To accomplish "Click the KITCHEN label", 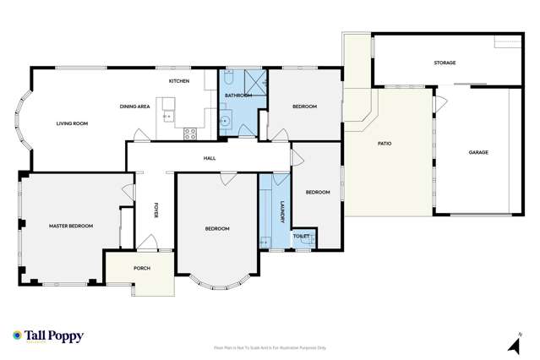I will pyautogui.click(x=178, y=81).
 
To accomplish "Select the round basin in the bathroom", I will pyautogui.click(x=226, y=120).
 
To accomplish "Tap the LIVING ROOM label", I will pyautogui.click(x=73, y=123).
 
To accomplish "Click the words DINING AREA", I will pyautogui.click(x=134, y=106).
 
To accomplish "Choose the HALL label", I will pyautogui.click(x=209, y=158).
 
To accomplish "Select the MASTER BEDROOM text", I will pyautogui.click(x=70, y=226).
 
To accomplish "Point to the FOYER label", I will pyautogui.click(x=155, y=210).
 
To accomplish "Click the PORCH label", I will pyautogui.click(x=141, y=269).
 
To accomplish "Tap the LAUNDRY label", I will pyautogui.click(x=282, y=210).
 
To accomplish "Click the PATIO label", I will pyautogui.click(x=384, y=144).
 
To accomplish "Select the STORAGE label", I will pyautogui.click(x=445, y=63).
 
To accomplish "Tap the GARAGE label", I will pyautogui.click(x=479, y=152).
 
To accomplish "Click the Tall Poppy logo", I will pyautogui.click(x=48, y=335).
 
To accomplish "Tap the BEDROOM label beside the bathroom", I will pyautogui.click(x=304, y=106).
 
